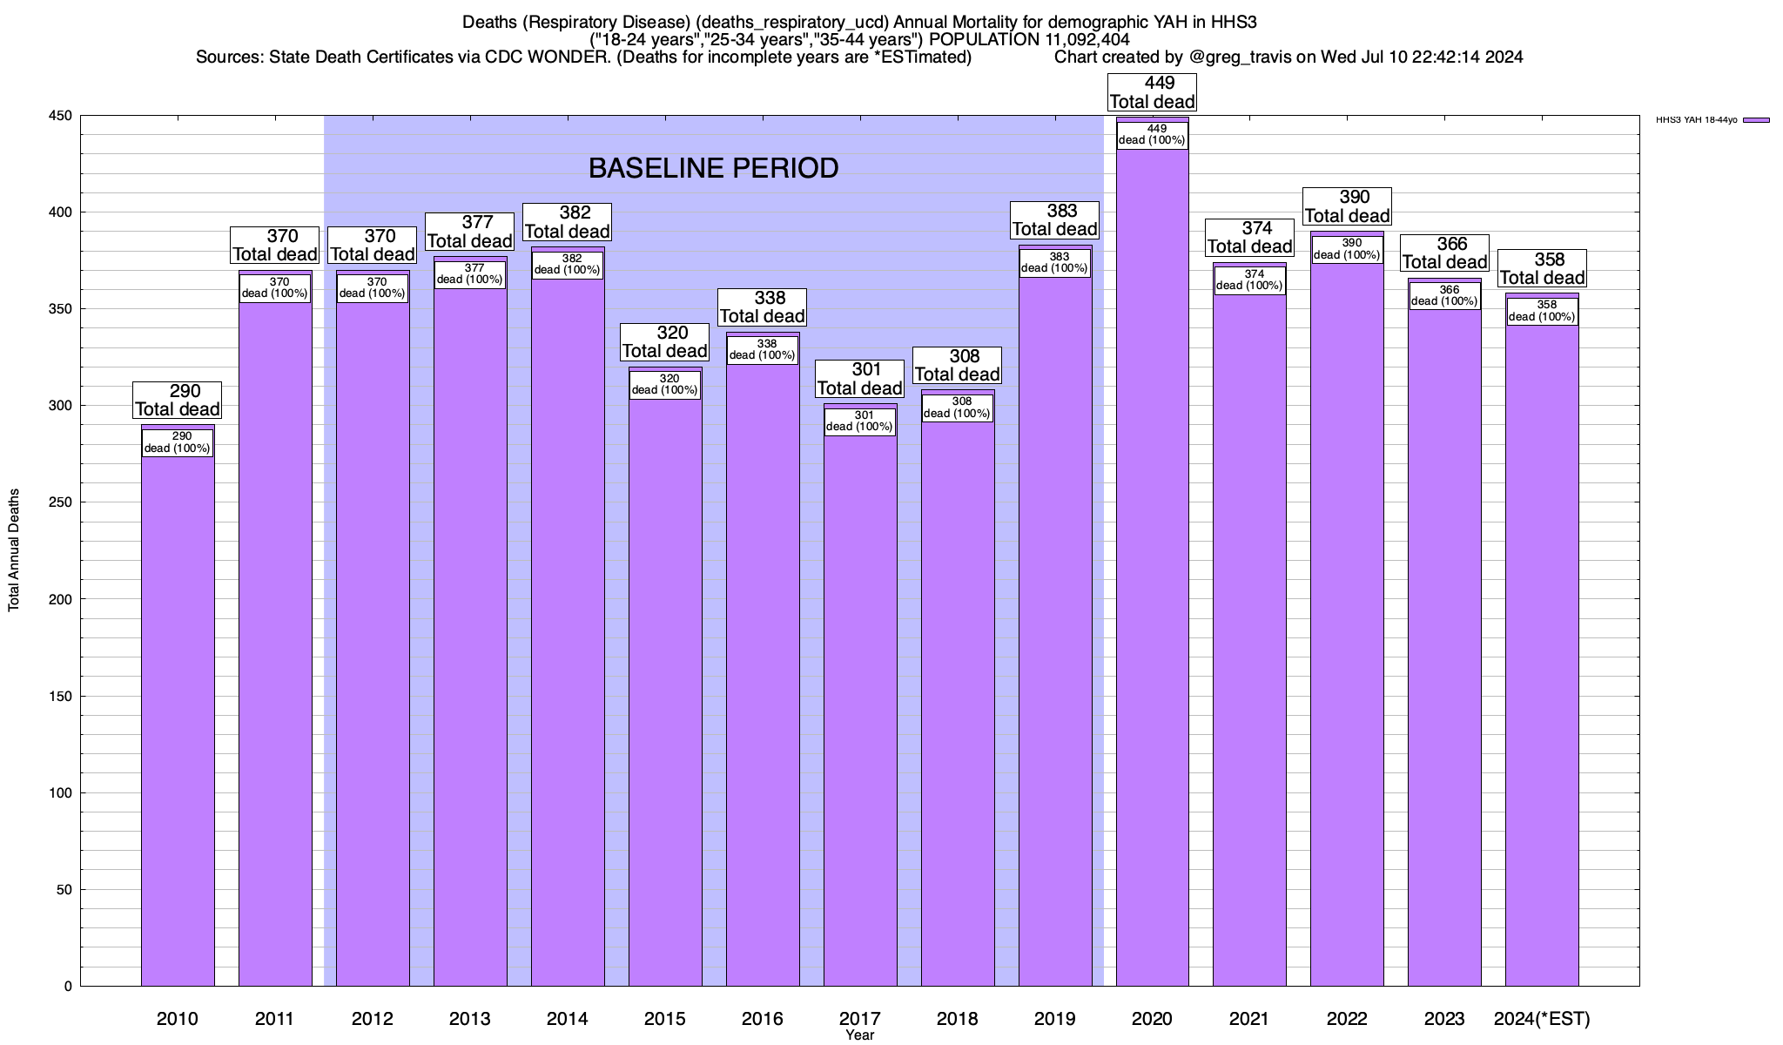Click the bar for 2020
click(1152, 566)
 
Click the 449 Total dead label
click(1152, 92)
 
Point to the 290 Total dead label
click(178, 401)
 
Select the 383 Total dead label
click(1054, 220)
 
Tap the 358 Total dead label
click(1542, 269)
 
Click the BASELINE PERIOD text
click(713, 168)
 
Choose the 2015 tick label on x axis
click(665, 1019)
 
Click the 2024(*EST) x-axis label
click(1542, 1019)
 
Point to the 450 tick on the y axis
click(61, 116)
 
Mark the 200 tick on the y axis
click(61, 599)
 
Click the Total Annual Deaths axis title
click(14, 550)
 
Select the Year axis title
click(859, 1035)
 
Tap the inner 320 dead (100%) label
click(665, 385)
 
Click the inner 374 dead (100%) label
click(1249, 280)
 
